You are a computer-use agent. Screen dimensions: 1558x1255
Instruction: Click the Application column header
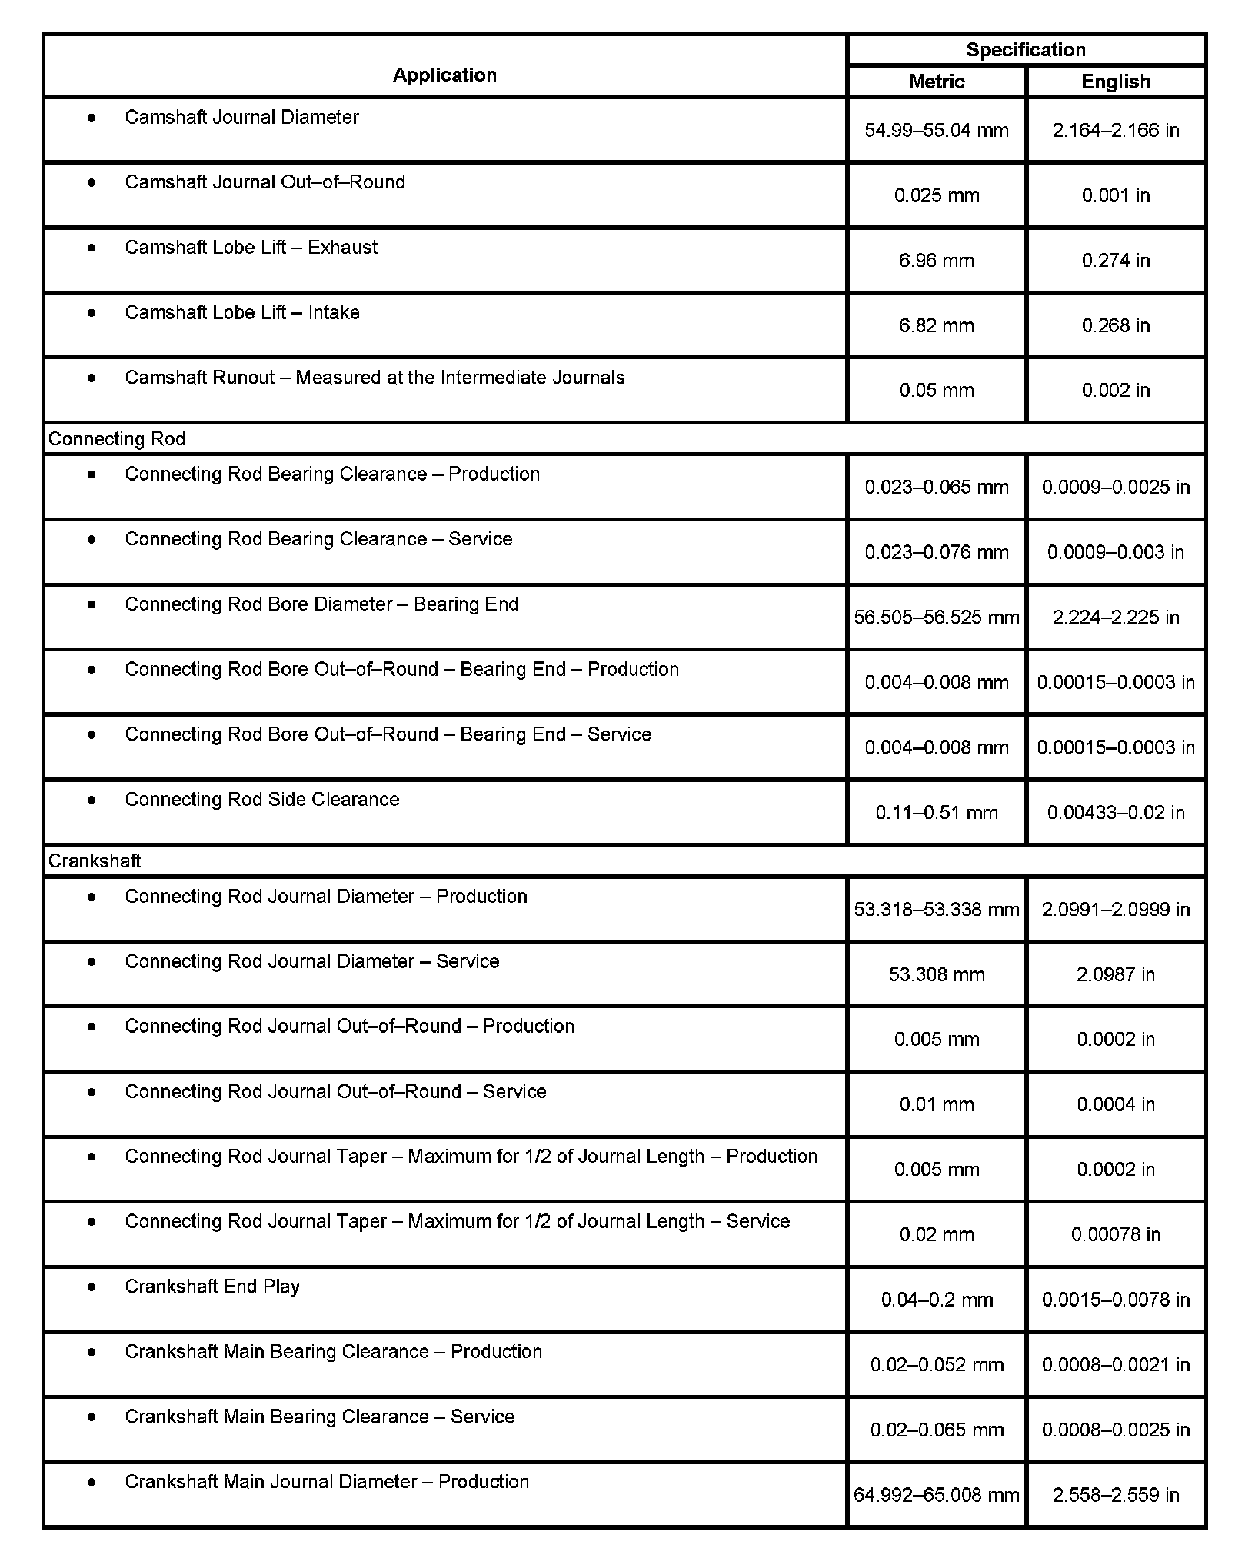tap(444, 75)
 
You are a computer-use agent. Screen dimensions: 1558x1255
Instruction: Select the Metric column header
tap(936, 82)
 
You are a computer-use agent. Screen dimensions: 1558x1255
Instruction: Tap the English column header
tap(1115, 82)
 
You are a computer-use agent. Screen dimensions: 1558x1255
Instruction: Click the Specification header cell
tap(1025, 50)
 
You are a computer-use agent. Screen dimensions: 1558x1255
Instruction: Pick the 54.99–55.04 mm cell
tap(936, 130)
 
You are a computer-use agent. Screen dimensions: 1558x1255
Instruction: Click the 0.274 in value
tap(1115, 260)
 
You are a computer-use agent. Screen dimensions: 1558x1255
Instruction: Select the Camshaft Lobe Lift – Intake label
tap(242, 312)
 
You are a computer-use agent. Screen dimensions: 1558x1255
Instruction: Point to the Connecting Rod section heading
tap(117, 438)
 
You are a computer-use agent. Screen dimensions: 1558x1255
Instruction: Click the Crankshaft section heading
tap(95, 861)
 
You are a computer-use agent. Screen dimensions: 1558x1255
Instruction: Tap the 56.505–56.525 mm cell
tap(936, 617)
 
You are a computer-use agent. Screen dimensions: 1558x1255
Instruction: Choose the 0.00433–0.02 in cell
tap(1115, 812)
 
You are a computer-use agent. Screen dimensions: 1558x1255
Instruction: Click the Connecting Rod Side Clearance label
tap(262, 800)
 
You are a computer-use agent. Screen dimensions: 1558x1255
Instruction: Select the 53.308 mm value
tap(936, 974)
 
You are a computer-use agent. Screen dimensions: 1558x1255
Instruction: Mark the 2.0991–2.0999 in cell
tap(1115, 909)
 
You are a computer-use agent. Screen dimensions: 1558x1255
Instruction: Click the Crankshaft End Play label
tap(212, 1287)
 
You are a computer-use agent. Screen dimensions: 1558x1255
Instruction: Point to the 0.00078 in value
tap(1115, 1234)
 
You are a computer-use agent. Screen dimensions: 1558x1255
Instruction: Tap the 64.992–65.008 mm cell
tap(936, 1495)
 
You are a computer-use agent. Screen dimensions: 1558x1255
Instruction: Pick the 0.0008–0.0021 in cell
tap(1115, 1364)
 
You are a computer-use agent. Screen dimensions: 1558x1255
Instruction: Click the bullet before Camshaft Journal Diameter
tap(92, 118)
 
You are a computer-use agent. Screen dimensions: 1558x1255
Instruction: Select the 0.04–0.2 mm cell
tap(936, 1300)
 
